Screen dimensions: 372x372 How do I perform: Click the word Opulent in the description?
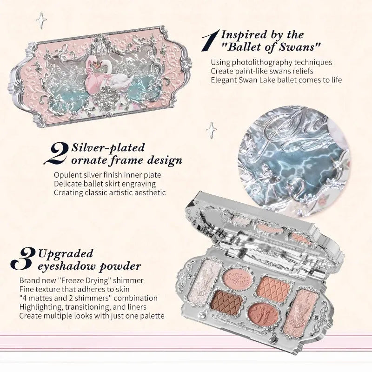[66, 175]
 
